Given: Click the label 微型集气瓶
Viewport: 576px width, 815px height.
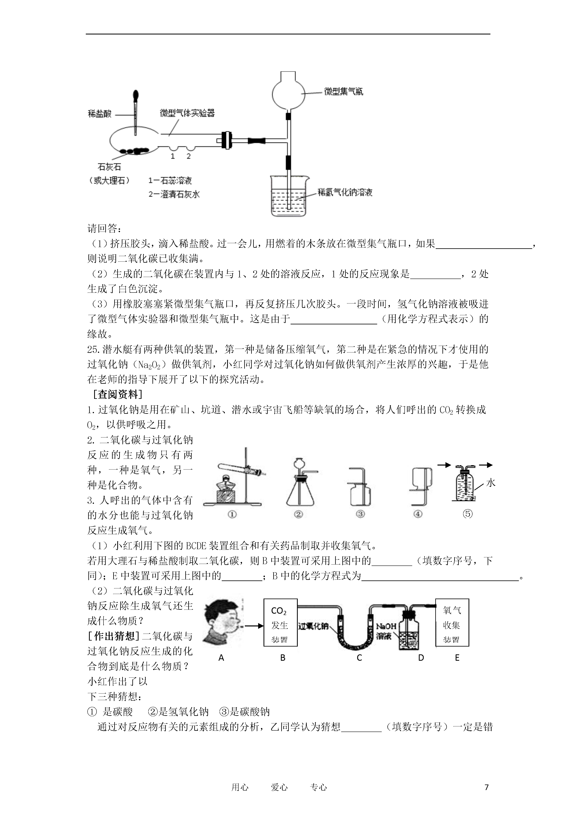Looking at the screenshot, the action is (344, 92).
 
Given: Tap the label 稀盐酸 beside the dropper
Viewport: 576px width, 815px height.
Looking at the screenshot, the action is (100, 113).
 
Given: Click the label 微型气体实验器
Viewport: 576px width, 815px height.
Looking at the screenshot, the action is (187, 113).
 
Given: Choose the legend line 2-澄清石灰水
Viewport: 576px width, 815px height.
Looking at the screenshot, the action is (174, 194).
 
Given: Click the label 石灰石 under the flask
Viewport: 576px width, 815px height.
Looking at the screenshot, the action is (109, 167).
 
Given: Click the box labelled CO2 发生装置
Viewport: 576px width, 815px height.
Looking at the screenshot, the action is (280, 623).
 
